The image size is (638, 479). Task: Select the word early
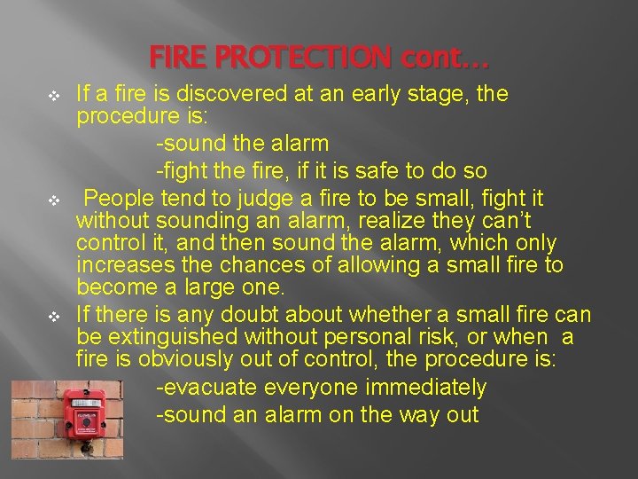[403, 93]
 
